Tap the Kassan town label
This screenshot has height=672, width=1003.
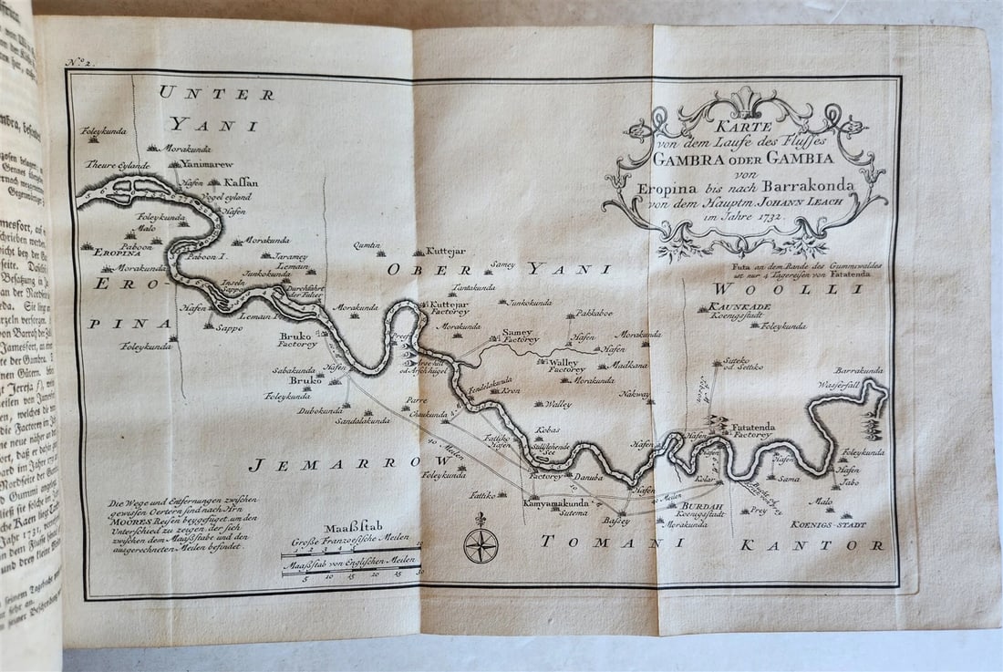241,182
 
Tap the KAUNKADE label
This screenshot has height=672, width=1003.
739,307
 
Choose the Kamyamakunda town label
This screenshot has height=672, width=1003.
560,503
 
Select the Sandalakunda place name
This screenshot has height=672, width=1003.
363,421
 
